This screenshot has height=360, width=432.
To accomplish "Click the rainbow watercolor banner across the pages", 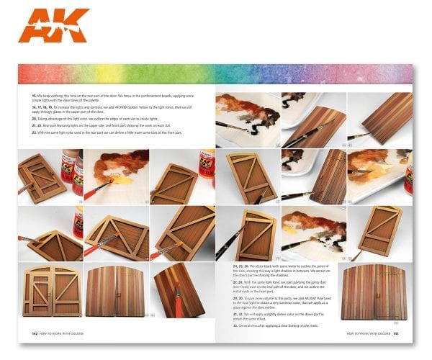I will tap(216, 73).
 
